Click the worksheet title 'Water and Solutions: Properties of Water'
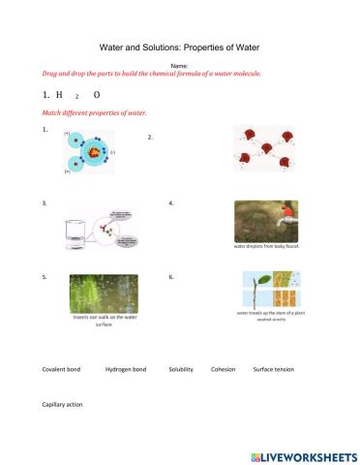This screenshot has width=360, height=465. (179, 46)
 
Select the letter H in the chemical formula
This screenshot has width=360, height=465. (59, 96)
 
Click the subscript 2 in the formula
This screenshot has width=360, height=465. (76, 98)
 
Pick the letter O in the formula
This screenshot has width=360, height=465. (97, 96)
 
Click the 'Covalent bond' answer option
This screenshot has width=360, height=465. (62, 369)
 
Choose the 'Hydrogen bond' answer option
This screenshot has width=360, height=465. (126, 369)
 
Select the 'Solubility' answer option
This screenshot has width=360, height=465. (181, 369)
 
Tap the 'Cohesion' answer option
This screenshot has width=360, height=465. (223, 369)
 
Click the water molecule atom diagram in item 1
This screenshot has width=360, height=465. (88, 151)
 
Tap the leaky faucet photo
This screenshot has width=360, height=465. (266, 221)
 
